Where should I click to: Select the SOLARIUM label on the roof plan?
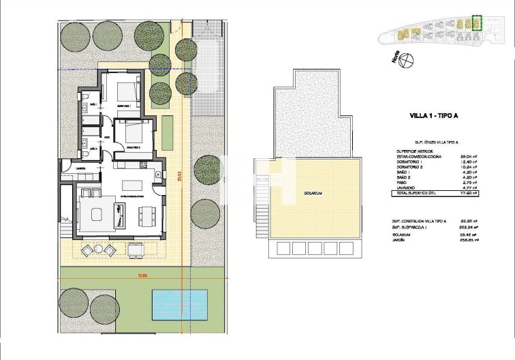[313, 194]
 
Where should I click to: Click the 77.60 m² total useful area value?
[467, 194]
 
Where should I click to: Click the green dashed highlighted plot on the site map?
[477, 24]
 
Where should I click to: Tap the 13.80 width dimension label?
[142, 276]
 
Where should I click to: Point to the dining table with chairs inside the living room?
[146, 216]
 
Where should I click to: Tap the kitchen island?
[133, 184]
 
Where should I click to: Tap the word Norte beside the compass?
[394, 59]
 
